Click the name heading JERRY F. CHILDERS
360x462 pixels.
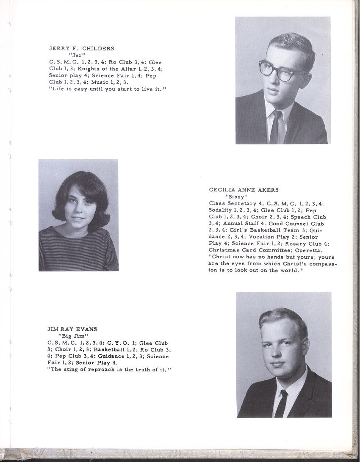(x=82, y=48)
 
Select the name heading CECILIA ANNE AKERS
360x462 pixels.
(x=244, y=190)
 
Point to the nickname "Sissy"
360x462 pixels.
(x=236, y=197)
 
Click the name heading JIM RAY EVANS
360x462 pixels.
(x=72, y=329)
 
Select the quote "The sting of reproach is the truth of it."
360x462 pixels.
(x=109, y=370)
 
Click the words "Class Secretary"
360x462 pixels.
(x=233, y=204)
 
